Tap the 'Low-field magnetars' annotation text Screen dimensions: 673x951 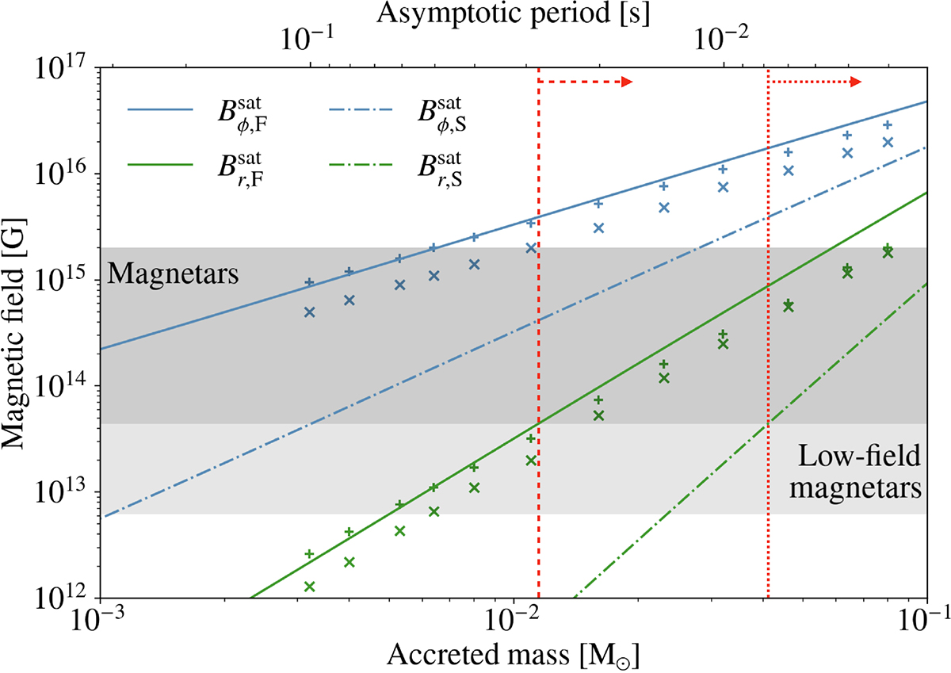point(859,472)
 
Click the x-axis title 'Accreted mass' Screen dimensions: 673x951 point(512,657)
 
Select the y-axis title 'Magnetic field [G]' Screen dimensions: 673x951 point(19,333)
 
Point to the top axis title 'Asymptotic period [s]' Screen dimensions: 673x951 point(512,14)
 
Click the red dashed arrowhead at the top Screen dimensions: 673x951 point(626,81)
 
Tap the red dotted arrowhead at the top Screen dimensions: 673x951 point(857,81)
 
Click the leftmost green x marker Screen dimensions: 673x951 point(310,587)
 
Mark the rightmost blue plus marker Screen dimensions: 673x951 point(888,125)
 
